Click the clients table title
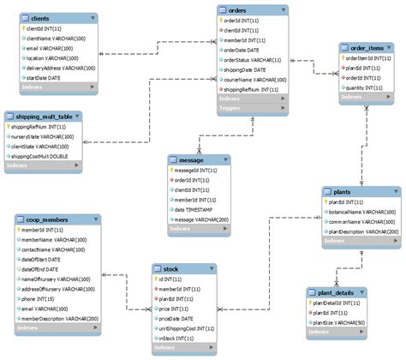pos(39,17)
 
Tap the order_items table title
pos(366,47)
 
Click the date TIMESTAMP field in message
pos(204,210)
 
